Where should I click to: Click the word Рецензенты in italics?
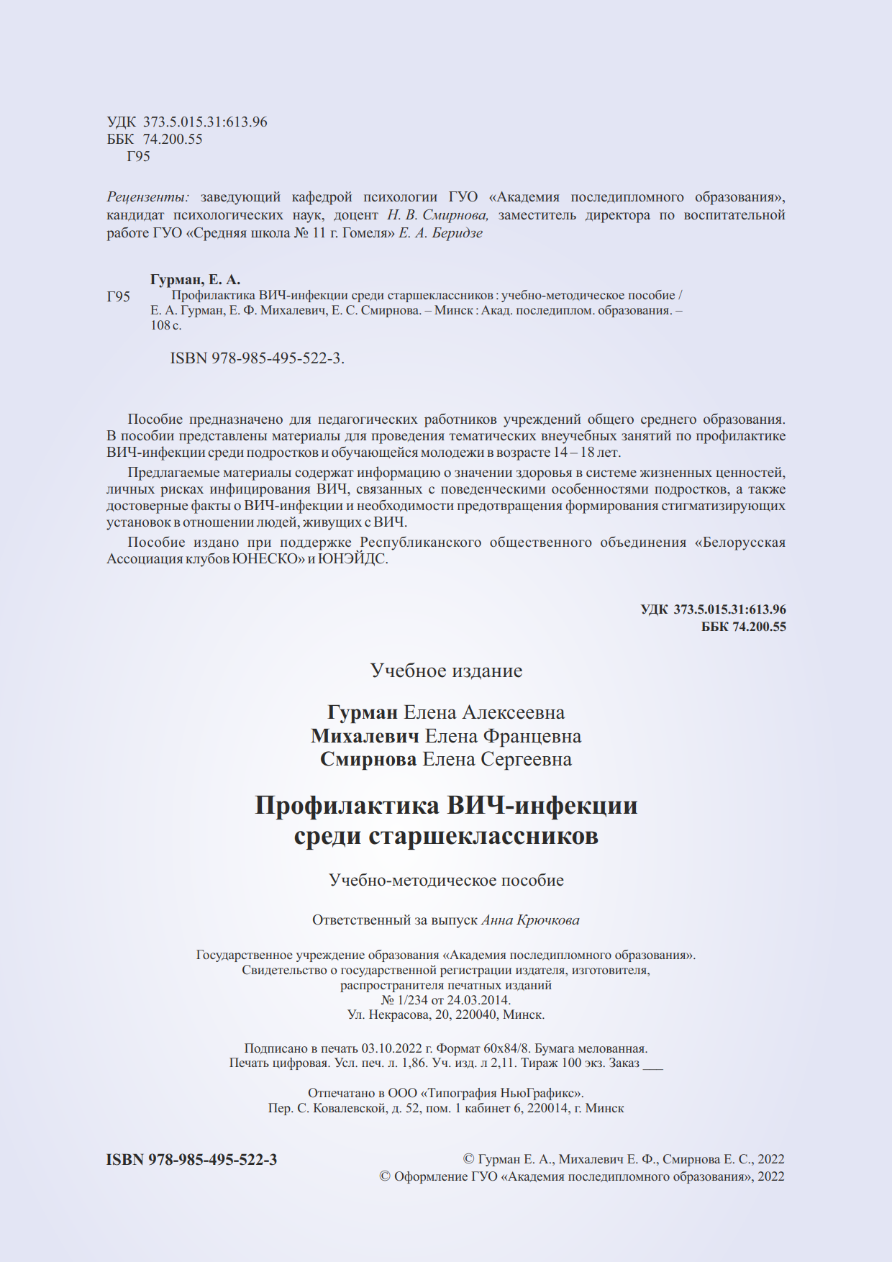(x=147, y=197)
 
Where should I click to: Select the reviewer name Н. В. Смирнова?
(x=437, y=215)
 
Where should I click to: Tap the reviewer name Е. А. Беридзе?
(x=440, y=233)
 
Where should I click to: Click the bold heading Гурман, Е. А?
(x=195, y=280)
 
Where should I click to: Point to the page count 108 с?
(x=165, y=325)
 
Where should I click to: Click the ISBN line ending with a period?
(x=257, y=358)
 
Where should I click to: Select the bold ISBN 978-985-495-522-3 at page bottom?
(x=191, y=1159)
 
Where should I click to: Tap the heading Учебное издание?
(x=446, y=671)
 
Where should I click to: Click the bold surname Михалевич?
(x=365, y=736)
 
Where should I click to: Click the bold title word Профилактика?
(x=347, y=805)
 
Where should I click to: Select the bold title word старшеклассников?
(x=484, y=836)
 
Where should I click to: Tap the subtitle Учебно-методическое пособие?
(x=446, y=880)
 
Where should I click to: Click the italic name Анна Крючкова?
(x=530, y=920)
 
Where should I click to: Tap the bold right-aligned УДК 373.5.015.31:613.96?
(x=713, y=609)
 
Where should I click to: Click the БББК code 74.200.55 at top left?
(x=173, y=140)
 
